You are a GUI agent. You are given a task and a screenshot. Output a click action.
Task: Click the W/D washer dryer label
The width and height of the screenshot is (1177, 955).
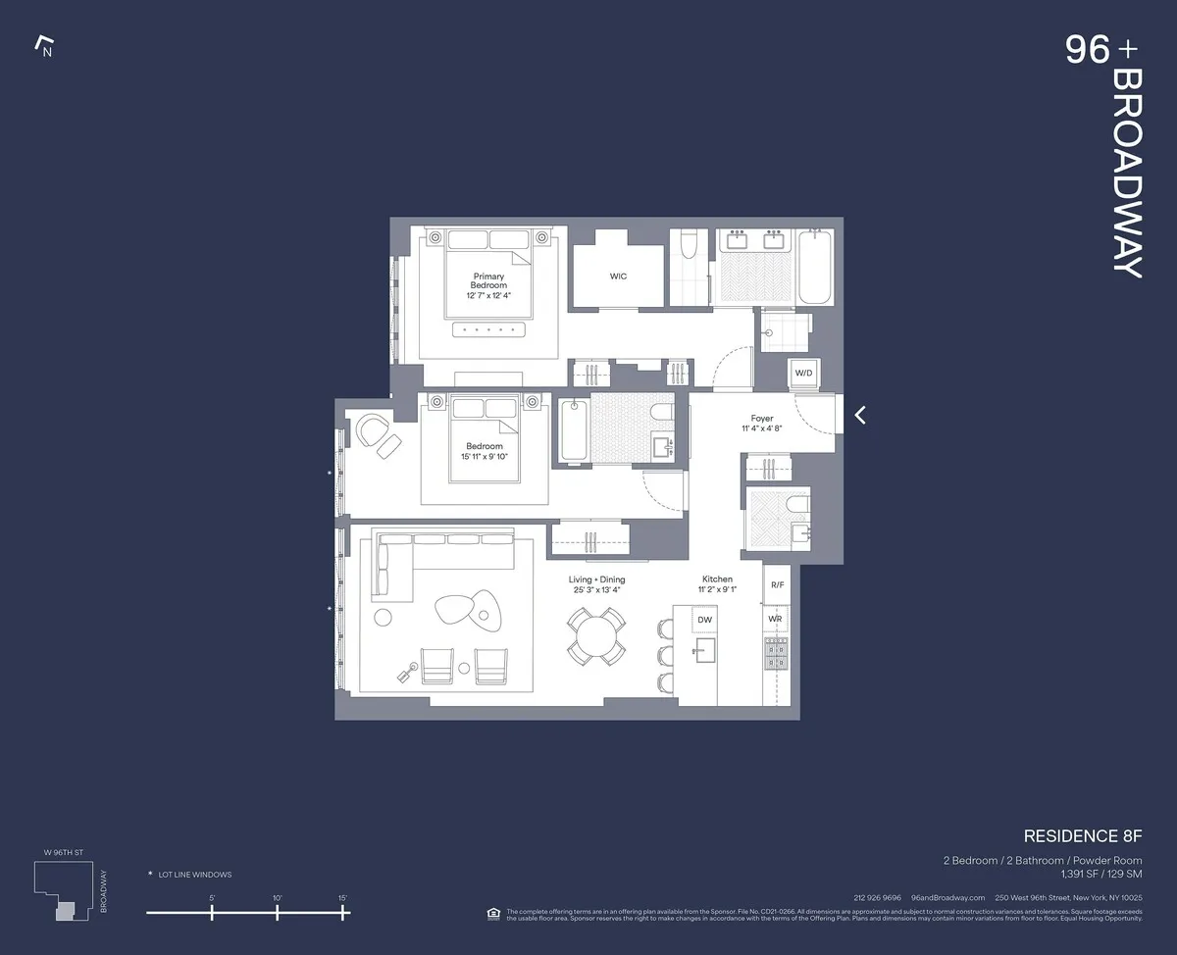[x=803, y=374]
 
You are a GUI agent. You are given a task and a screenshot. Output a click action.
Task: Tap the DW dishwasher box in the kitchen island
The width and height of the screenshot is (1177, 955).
[x=704, y=620]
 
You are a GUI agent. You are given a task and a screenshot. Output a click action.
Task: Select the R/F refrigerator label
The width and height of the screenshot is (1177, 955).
[x=777, y=584]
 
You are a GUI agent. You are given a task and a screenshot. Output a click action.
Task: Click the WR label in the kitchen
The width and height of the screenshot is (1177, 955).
[x=775, y=620]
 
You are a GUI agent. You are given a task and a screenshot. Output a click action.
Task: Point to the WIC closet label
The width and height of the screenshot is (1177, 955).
[x=618, y=276]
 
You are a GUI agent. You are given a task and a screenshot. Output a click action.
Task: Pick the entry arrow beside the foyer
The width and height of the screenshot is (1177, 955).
[x=860, y=415]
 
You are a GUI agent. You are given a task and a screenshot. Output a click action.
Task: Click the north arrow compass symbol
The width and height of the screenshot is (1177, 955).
[x=43, y=46]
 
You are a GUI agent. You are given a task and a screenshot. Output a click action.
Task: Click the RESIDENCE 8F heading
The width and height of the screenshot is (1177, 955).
[x=1083, y=836]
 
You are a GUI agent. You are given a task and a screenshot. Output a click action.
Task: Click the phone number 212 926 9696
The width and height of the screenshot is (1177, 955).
[x=877, y=898]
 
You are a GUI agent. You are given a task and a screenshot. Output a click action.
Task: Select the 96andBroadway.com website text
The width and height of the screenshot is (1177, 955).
[x=947, y=898]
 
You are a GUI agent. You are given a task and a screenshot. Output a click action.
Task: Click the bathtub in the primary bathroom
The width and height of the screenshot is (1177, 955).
[x=814, y=268]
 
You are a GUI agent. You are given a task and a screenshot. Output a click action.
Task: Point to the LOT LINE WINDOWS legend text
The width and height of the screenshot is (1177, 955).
[x=195, y=875]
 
